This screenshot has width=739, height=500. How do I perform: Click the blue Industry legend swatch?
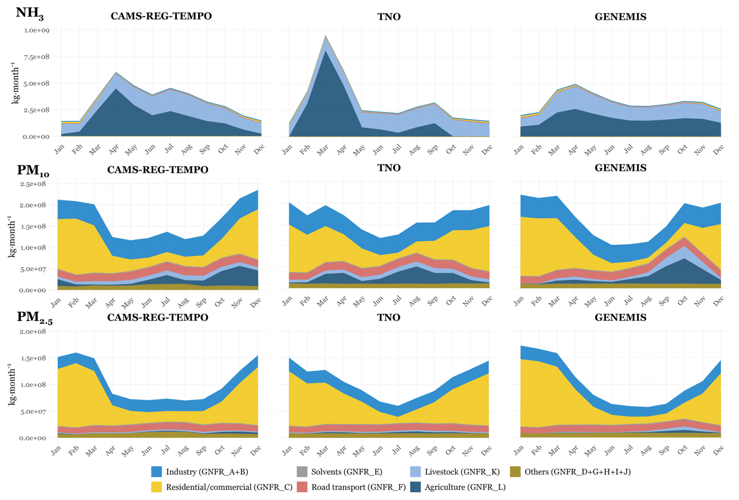pos(156,471)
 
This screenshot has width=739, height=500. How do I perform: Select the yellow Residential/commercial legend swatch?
pos(156,487)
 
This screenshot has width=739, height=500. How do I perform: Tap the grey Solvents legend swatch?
pos(302,471)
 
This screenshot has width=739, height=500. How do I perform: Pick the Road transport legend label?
pos(358,487)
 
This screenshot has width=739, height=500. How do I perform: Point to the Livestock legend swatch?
pos(416,471)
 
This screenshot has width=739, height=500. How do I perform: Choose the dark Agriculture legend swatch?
pos(416,487)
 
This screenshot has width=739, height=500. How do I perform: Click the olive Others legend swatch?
pos(515,471)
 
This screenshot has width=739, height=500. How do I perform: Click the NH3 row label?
pos(29,13)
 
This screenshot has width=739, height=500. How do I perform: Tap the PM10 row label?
pos(32,170)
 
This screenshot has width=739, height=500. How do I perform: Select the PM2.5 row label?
pos(34,317)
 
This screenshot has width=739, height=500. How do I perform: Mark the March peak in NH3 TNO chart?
pos(325,36)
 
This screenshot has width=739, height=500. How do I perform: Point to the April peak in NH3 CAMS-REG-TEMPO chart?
pos(116,72)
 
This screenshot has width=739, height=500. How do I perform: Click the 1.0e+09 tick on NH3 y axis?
pos(37,30)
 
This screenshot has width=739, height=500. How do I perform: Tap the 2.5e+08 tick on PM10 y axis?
pos(33,184)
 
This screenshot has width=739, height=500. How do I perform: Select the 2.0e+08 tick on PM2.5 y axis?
pos(33,331)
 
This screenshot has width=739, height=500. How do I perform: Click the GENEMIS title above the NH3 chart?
pos(620,16)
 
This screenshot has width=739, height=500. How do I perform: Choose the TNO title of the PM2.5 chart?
pos(389,317)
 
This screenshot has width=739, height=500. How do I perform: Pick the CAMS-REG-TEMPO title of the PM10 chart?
pos(157,170)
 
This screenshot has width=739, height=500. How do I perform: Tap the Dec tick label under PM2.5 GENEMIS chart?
pos(718,451)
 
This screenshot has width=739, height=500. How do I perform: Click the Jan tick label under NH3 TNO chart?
pos(287,149)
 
